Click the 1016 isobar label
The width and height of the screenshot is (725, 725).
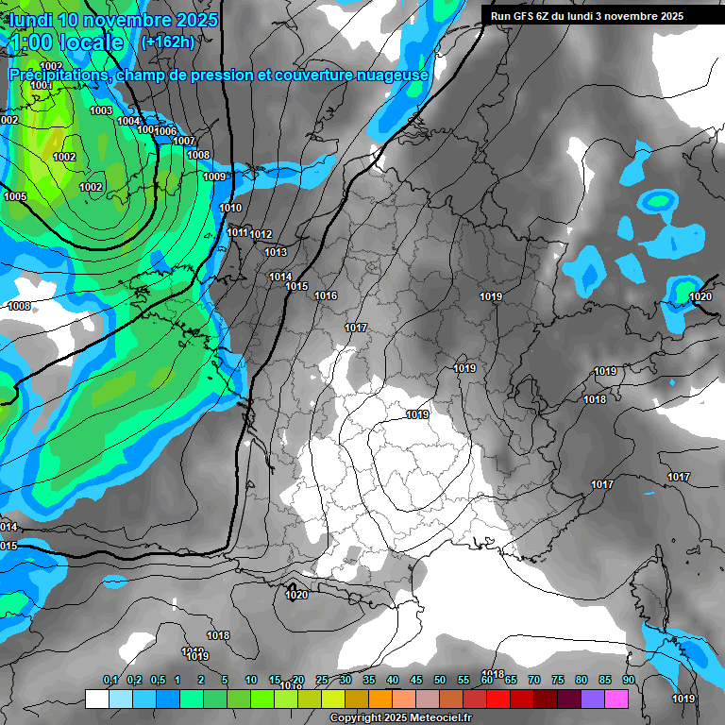326,296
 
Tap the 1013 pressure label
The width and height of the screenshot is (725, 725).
276,252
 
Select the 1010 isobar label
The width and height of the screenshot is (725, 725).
230,209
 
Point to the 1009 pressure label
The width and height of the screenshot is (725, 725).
214,177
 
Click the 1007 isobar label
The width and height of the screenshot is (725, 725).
185,142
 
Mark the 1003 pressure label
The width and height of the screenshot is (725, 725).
101,111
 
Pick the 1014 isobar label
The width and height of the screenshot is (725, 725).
280,277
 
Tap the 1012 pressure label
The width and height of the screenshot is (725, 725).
261,235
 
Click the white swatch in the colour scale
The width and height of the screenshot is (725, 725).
96,700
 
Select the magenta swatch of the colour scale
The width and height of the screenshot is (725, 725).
616,700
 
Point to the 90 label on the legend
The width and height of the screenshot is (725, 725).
628,680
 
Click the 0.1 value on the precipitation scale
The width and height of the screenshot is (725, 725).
110,680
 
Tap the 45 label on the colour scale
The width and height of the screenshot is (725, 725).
416,680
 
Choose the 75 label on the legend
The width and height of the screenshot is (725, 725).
557,680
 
